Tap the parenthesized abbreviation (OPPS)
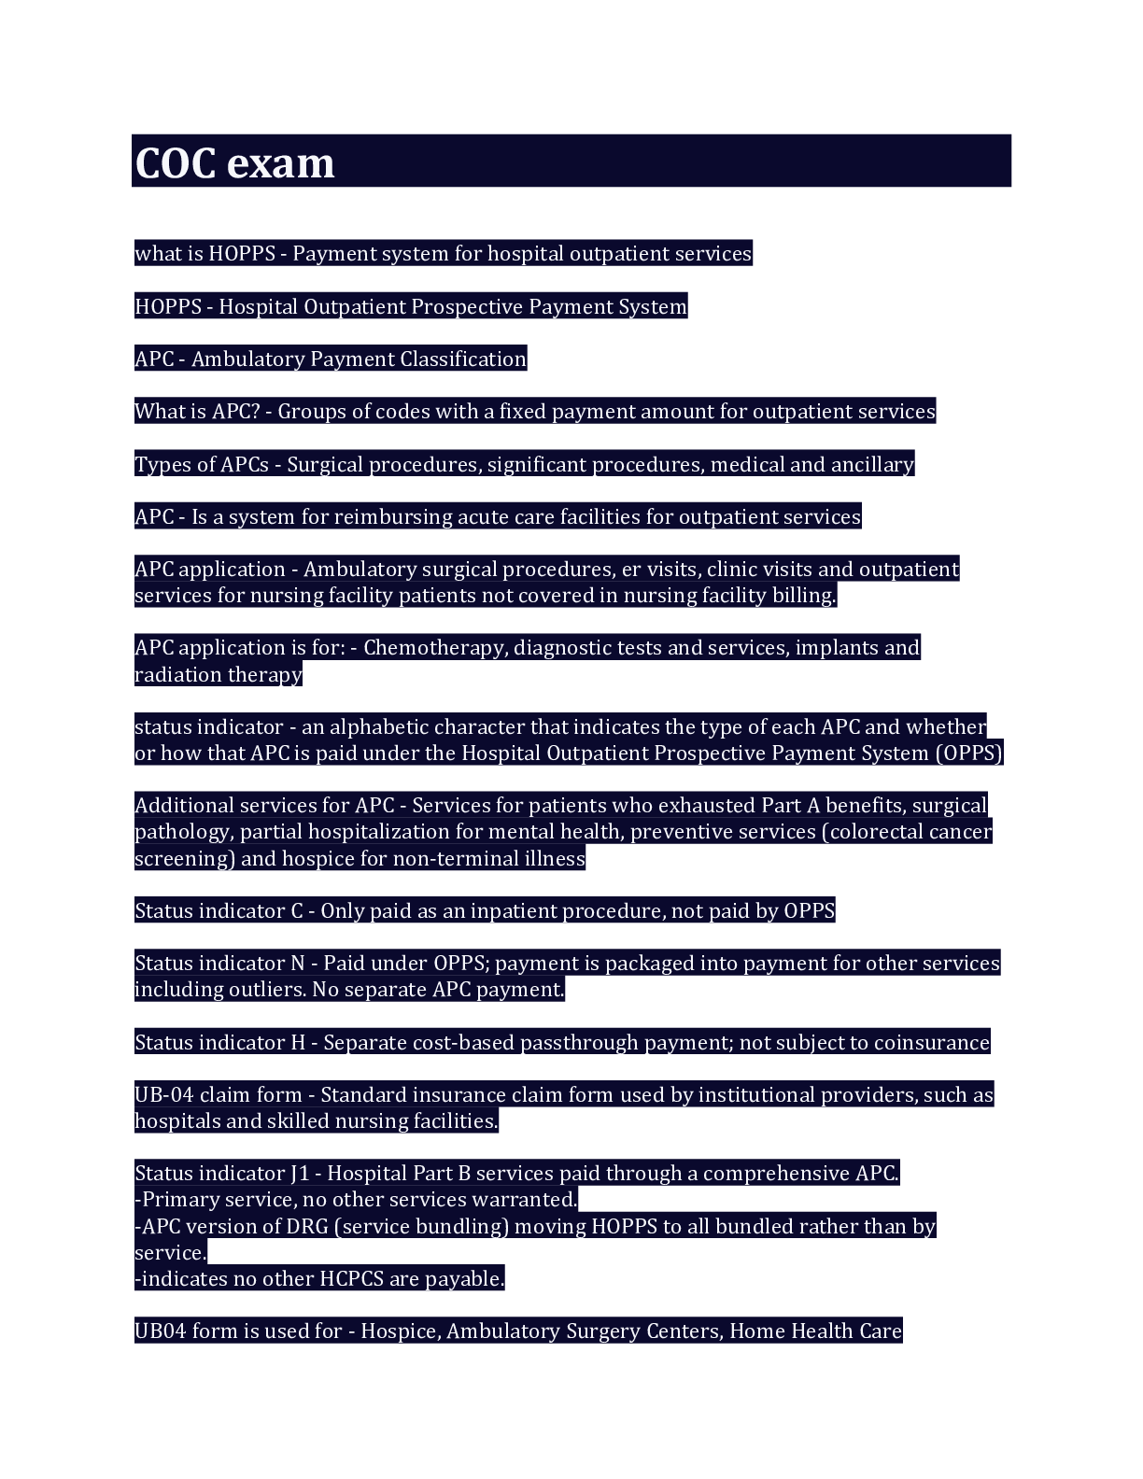coord(968,754)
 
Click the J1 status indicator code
coord(300,1174)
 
